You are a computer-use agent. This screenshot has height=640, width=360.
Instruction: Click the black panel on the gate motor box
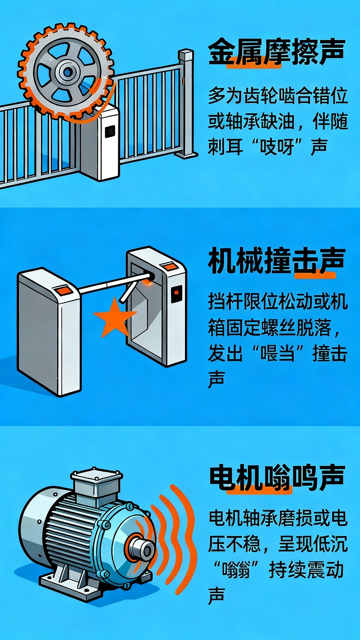(x=109, y=131)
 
